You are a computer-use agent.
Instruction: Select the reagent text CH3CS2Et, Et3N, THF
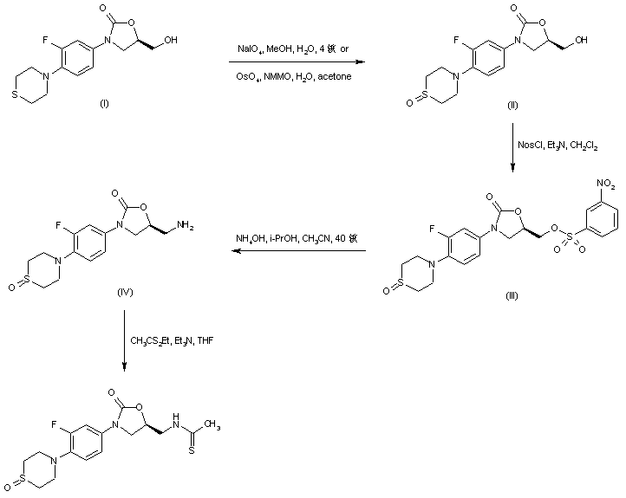click(x=170, y=340)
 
